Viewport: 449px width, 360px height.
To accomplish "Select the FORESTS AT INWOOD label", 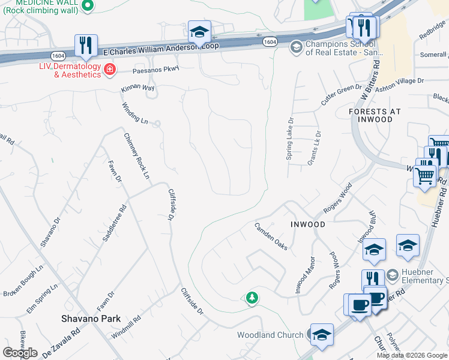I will coord(371,115).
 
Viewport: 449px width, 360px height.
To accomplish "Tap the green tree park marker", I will coord(252,297).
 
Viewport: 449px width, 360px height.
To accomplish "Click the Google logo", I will coord(20,353).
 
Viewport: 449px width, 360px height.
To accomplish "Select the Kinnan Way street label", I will coord(138,88).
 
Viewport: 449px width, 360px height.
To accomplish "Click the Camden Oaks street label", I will coord(271,236).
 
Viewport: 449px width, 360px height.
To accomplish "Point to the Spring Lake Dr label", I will coord(290,139).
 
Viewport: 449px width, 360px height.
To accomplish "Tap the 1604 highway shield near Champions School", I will coord(270,41).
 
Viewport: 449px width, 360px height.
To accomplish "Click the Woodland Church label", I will coord(270,335).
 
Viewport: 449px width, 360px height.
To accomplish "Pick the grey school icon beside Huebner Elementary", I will coord(393,275).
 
